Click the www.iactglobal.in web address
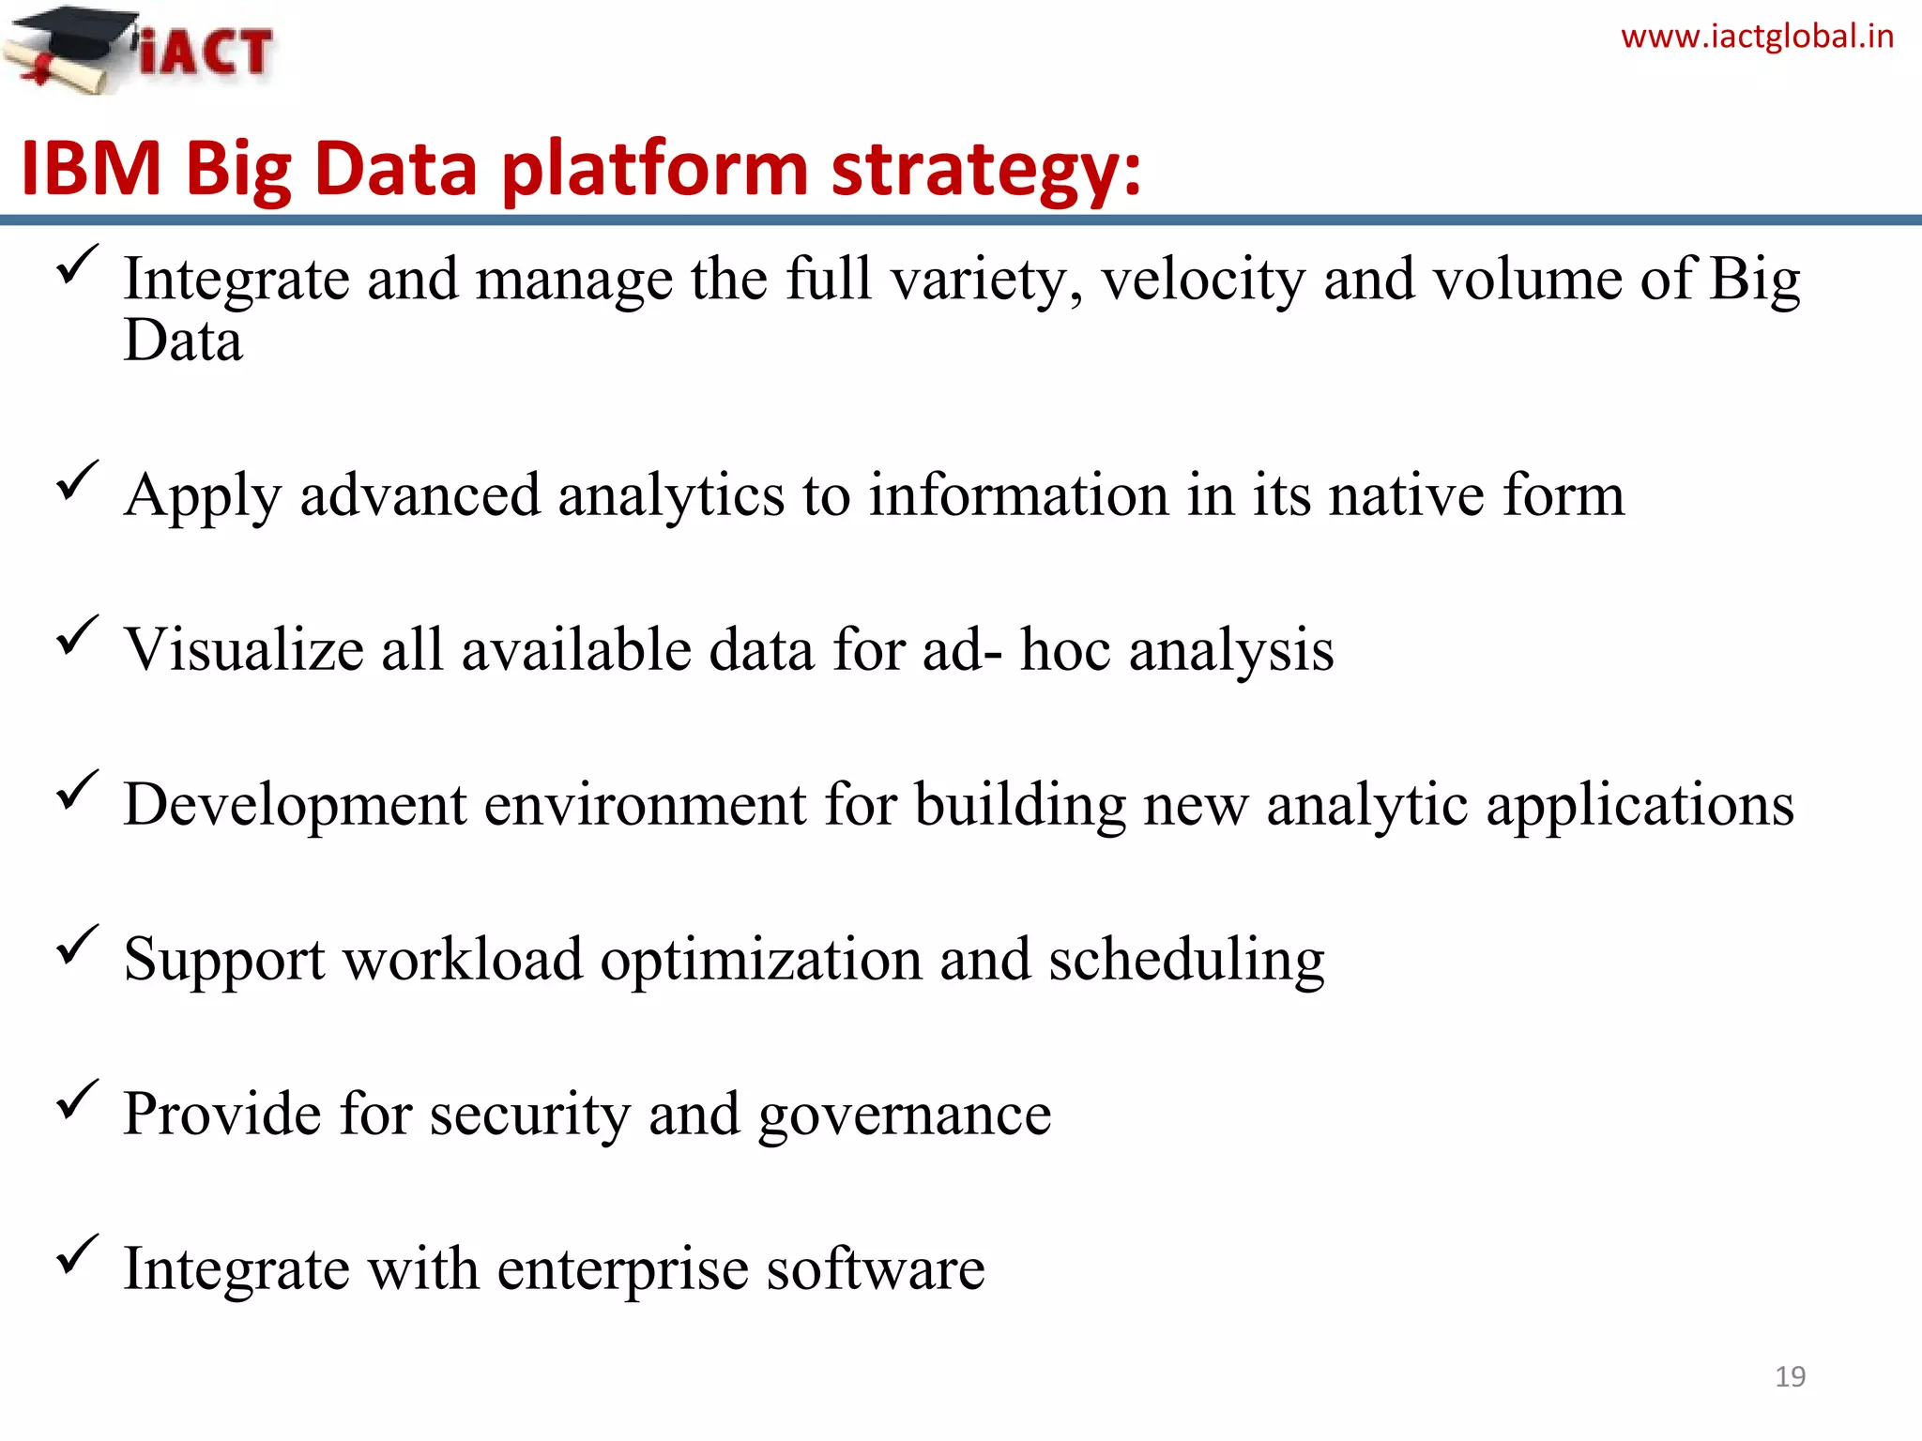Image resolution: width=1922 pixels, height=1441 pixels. [x=1757, y=37]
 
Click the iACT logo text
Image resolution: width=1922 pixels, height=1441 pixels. [x=206, y=52]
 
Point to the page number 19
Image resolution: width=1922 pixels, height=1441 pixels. [x=1790, y=1376]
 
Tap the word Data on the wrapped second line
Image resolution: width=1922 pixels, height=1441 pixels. [x=183, y=341]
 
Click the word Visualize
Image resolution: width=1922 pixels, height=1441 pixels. [x=244, y=649]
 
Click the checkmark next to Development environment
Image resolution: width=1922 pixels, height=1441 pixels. [x=77, y=790]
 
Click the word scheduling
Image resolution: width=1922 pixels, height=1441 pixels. [x=1186, y=961]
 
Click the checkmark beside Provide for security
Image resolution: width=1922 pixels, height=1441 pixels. [x=77, y=1100]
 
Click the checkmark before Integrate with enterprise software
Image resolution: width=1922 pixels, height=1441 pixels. [x=77, y=1254]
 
